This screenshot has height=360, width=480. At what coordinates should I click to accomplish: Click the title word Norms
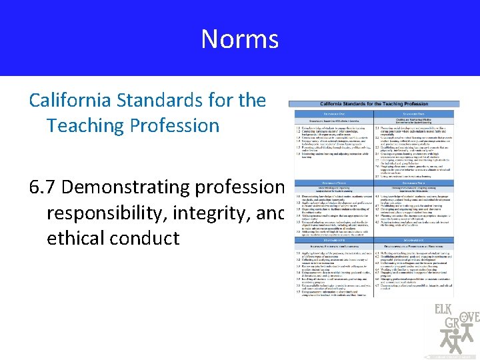coord(239,39)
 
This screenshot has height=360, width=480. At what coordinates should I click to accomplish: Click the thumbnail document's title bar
coord(374,105)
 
